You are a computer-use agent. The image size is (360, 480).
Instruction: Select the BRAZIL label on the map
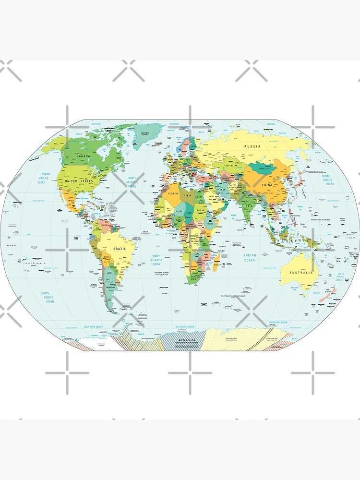pos(120,250)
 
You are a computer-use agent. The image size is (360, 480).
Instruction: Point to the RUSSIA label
pos(252,146)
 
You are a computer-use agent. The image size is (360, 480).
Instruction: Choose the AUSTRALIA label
pos(300,273)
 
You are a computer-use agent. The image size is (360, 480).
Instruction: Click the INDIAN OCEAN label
pos(250,258)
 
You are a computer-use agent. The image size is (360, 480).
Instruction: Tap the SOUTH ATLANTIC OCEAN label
pos(156,260)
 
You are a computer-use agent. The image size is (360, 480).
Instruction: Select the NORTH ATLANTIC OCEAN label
pos(132,182)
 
